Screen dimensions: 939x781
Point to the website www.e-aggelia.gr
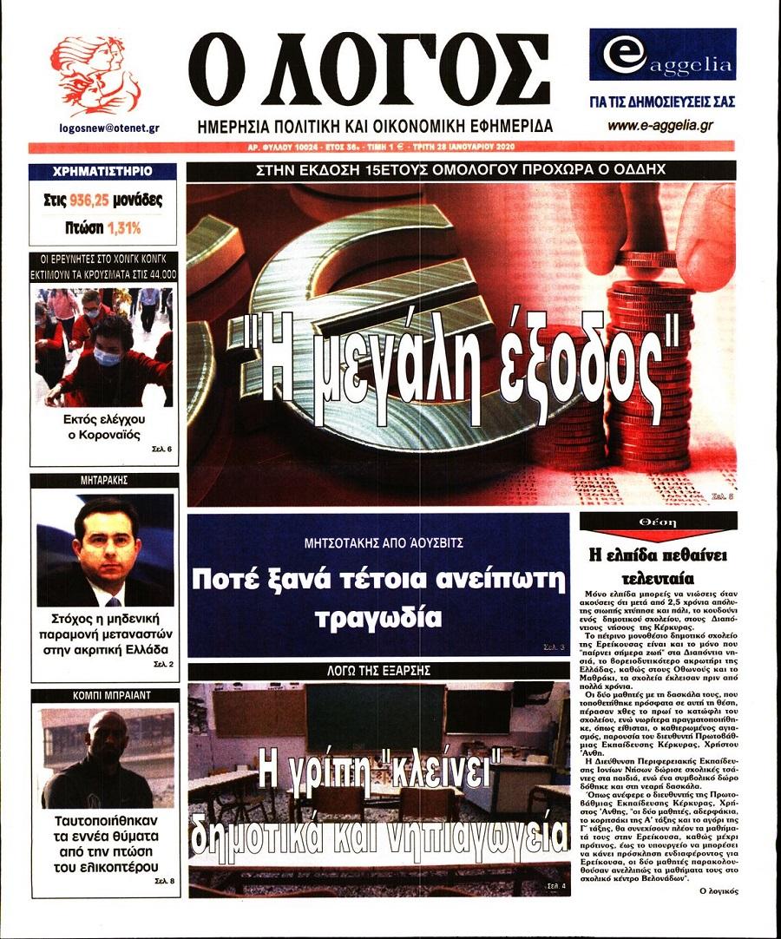(660, 126)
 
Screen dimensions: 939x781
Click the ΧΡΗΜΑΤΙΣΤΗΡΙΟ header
(102, 171)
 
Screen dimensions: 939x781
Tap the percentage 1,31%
(124, 228)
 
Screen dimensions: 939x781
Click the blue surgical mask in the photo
(108, 357)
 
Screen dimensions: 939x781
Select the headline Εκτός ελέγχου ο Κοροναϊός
(103, 427)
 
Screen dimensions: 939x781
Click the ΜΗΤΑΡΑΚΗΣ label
(103, 480)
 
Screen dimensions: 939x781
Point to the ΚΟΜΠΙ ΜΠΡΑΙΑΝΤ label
(103, 695)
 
